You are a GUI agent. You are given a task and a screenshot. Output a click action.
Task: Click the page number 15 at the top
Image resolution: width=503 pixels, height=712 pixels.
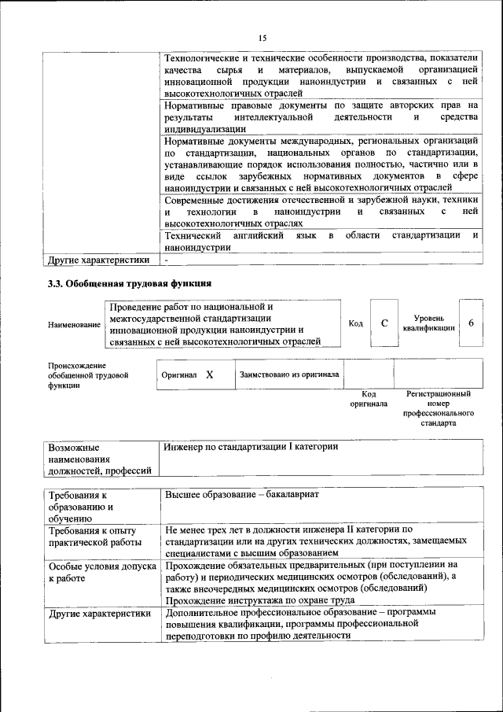(x=263, y=37)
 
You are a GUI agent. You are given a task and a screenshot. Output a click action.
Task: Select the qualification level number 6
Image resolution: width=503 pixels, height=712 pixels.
(x=470, y=323)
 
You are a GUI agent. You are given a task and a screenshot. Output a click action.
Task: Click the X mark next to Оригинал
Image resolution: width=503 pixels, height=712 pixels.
(x=210, y=375)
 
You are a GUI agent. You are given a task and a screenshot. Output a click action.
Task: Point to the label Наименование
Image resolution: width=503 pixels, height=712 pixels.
(x=74, y=324)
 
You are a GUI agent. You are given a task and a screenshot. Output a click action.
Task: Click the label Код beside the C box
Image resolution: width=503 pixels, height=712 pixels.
(x=355, y=323)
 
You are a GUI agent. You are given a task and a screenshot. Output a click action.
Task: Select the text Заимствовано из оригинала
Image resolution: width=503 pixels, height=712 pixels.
(x=289, y=375)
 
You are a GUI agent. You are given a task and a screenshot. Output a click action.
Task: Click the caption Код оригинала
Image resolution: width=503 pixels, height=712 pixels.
(x=369, y=398)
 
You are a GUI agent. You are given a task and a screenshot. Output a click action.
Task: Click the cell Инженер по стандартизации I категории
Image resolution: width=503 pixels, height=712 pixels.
(x=251, y=447)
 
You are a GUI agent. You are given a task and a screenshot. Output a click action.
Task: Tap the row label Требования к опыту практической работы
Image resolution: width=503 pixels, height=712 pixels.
(x=95, y=537)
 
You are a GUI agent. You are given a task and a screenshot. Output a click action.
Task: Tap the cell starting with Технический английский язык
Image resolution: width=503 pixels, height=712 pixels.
(x=322, y=241)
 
